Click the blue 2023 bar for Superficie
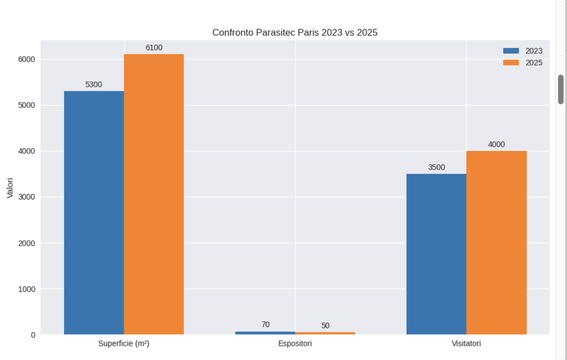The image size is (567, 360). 94,213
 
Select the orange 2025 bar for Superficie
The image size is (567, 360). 154,194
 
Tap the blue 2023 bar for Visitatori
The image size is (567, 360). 436,254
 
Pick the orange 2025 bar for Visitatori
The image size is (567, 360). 496,243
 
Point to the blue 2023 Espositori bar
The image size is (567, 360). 265,333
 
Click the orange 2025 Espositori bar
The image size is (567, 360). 325,333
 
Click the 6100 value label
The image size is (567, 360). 154,48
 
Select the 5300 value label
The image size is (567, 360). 94,84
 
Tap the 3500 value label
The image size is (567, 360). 436,167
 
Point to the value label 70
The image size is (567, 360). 265,324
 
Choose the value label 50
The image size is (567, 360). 325,325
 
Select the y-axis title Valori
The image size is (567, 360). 10,187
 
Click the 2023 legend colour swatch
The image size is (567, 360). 511,50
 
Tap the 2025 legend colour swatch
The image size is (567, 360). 511,62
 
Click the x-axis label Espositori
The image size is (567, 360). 295,344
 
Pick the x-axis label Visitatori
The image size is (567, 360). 466,344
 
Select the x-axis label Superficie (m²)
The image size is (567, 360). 124,344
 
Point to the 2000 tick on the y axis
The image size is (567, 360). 26,243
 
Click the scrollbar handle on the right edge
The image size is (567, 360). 561,89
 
